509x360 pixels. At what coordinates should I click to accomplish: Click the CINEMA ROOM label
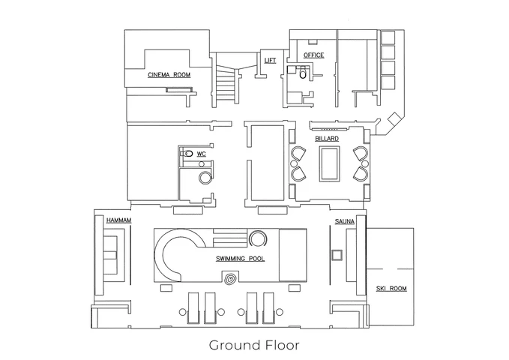tap(169, 75)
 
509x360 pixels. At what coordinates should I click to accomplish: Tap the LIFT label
tap(270, 61)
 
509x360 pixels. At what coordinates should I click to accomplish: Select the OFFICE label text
tap(313, 55)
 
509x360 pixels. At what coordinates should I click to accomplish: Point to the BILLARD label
tap(327, 139)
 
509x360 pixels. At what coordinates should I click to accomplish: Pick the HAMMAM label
tap(118, 220)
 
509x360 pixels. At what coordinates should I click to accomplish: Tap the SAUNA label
tap(345, 221)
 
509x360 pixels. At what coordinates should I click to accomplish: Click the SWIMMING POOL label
tap(240, 259)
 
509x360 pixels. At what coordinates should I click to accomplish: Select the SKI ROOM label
tap(391, 289)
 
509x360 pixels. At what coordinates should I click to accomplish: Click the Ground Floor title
tap(254, 346)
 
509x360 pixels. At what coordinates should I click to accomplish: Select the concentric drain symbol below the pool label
tap(229, 280)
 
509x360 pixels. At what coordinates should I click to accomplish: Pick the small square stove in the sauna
tap(337, 255)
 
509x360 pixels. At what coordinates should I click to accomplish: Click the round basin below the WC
tap(204, 178)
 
